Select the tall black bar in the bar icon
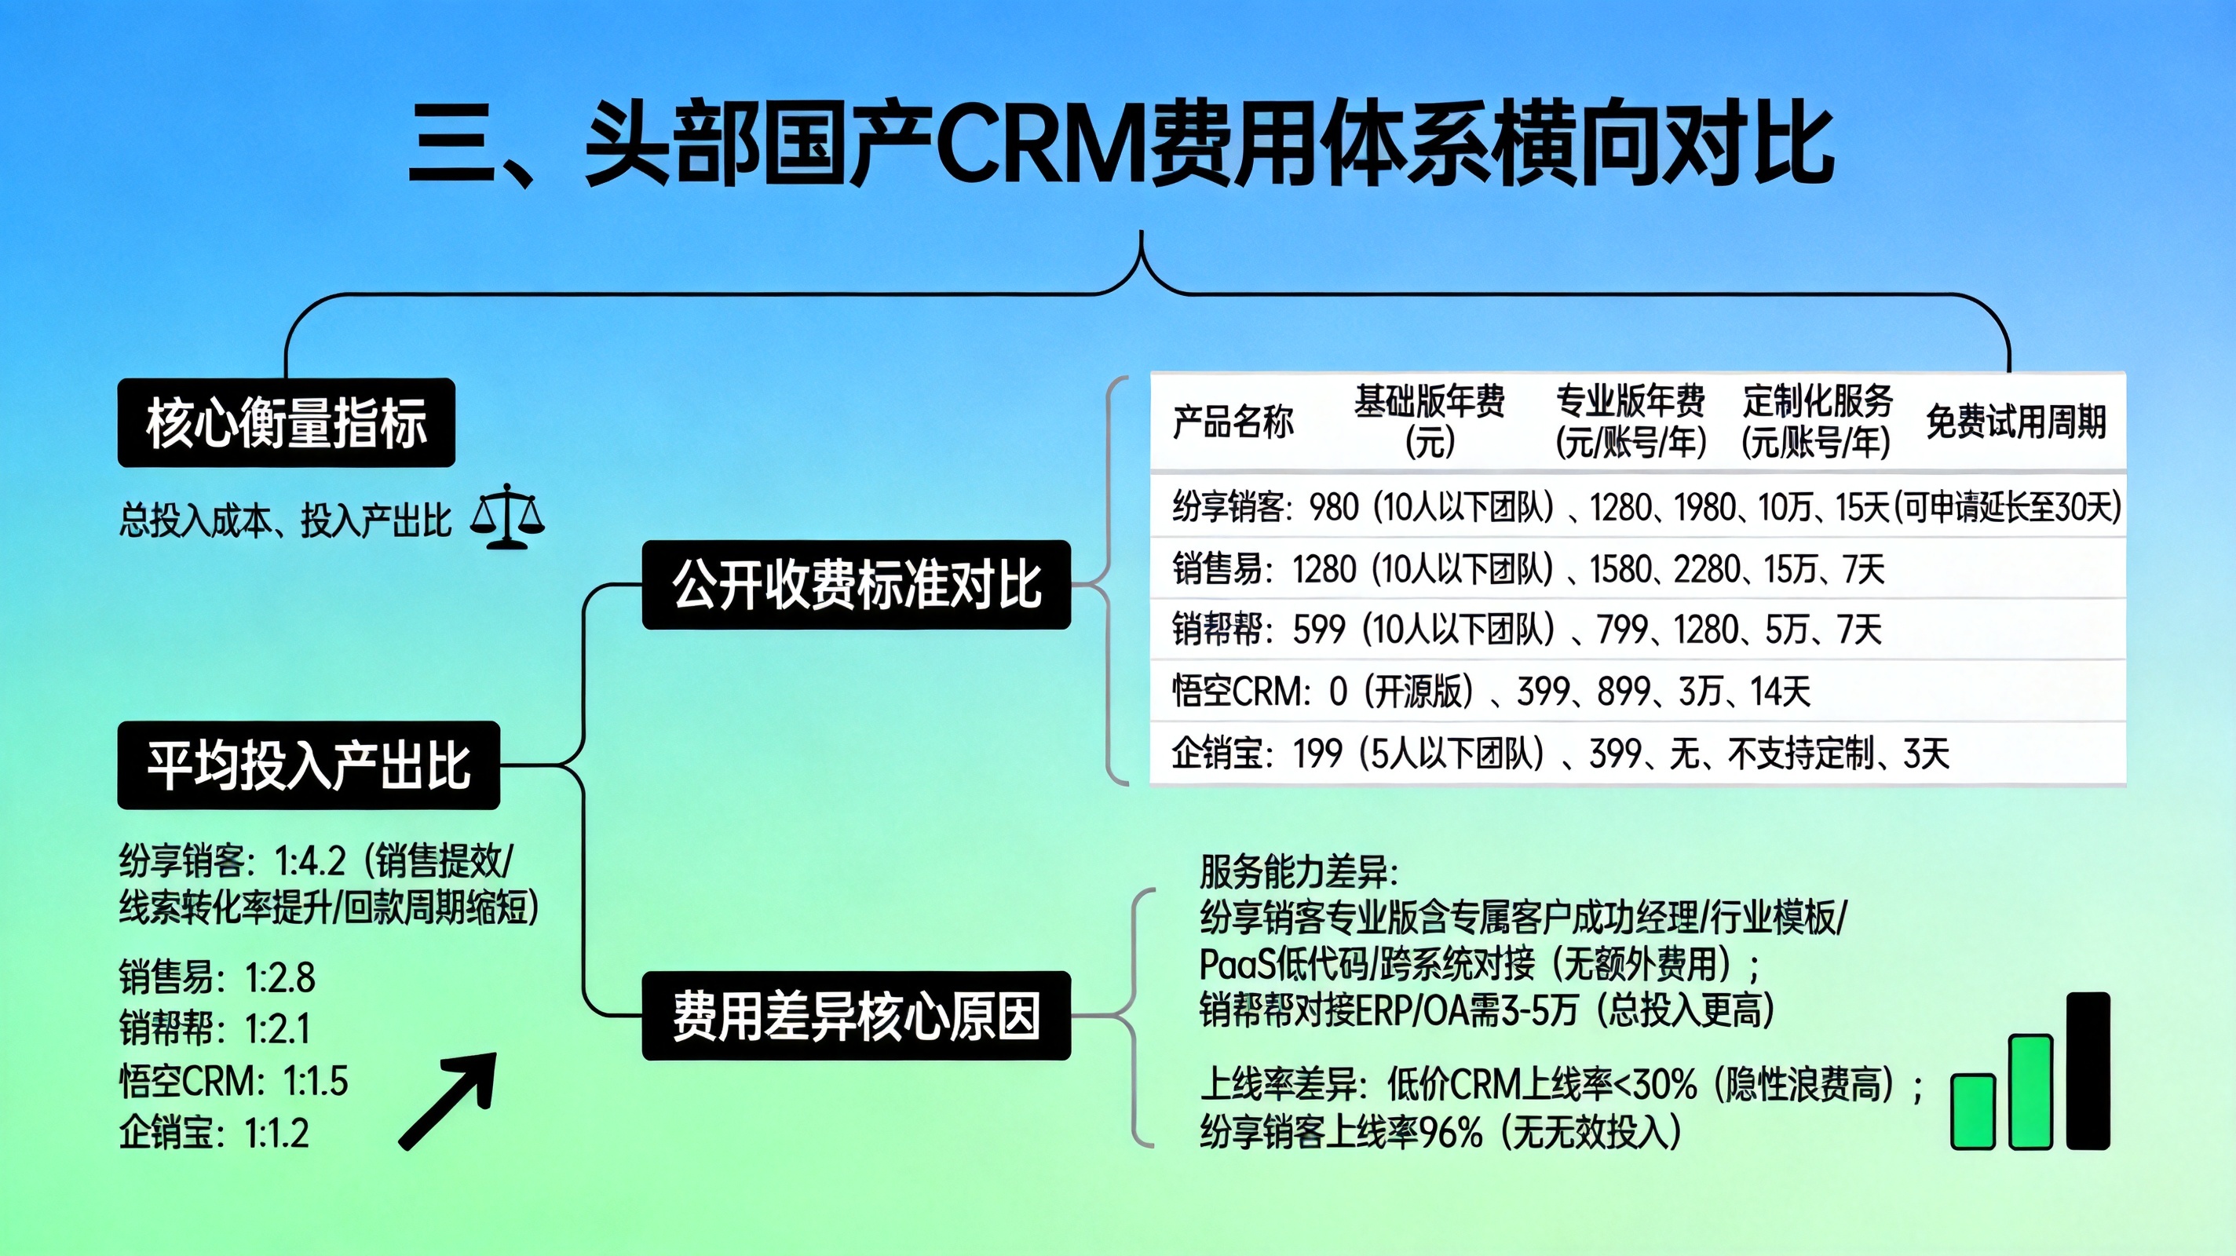coord(2088,1071)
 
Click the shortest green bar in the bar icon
coord(1972,1111)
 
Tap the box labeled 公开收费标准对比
coord(856,584)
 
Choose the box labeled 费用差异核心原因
coord(856,1015)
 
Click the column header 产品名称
coord(1233,422)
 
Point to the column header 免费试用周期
coord(2015,422)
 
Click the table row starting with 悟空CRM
coord(1491,692)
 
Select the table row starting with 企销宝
coord(1560,754)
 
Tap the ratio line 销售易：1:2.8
coord(217,977)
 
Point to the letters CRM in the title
coord(1042,143)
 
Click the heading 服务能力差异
coord(1299,871)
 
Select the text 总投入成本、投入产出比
coord(285,520)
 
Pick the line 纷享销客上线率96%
coord(1441,1132)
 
